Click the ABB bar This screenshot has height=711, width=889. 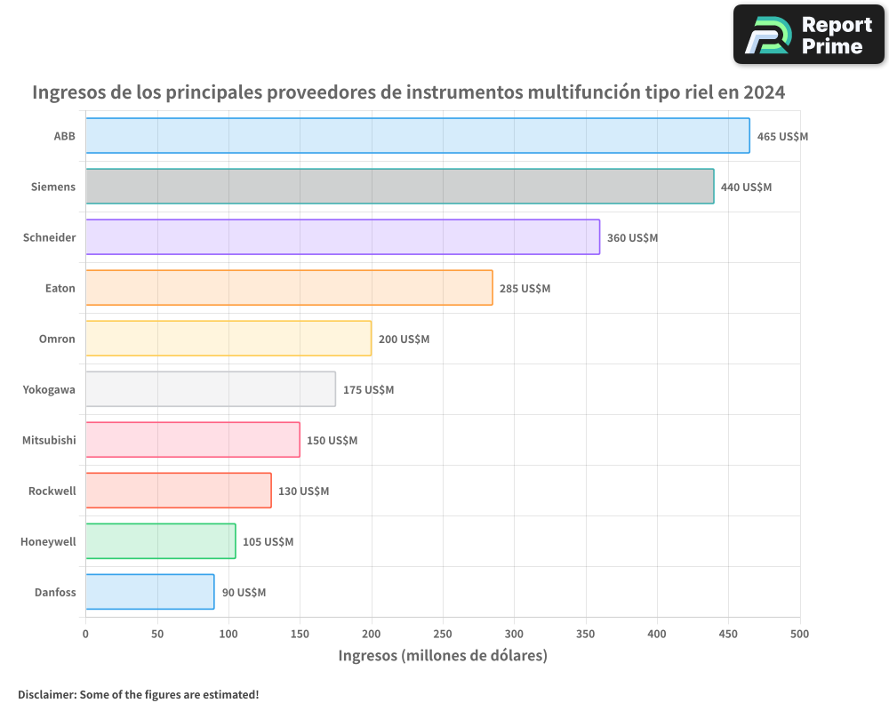418,136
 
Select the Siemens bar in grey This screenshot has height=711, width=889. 400,187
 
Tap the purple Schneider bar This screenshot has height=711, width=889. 342,237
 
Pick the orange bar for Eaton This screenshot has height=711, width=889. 289,288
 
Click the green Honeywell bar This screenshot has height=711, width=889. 161,541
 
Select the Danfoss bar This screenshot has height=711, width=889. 150,592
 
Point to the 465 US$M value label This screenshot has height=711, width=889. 782,137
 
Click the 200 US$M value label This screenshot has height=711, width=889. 404,340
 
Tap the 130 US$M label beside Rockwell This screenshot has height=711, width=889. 303,491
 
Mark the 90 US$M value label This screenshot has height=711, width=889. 244,593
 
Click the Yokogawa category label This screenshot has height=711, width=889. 49,389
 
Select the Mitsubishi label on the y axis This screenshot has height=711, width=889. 49,440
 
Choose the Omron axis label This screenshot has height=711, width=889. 57,339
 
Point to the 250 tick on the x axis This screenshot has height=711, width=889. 443,634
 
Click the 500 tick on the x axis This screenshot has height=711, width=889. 800,634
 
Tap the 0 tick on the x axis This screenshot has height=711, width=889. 85,634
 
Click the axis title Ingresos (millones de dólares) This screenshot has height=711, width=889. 443,656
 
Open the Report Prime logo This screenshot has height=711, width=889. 808,35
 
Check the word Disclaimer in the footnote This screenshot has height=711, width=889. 45,694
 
